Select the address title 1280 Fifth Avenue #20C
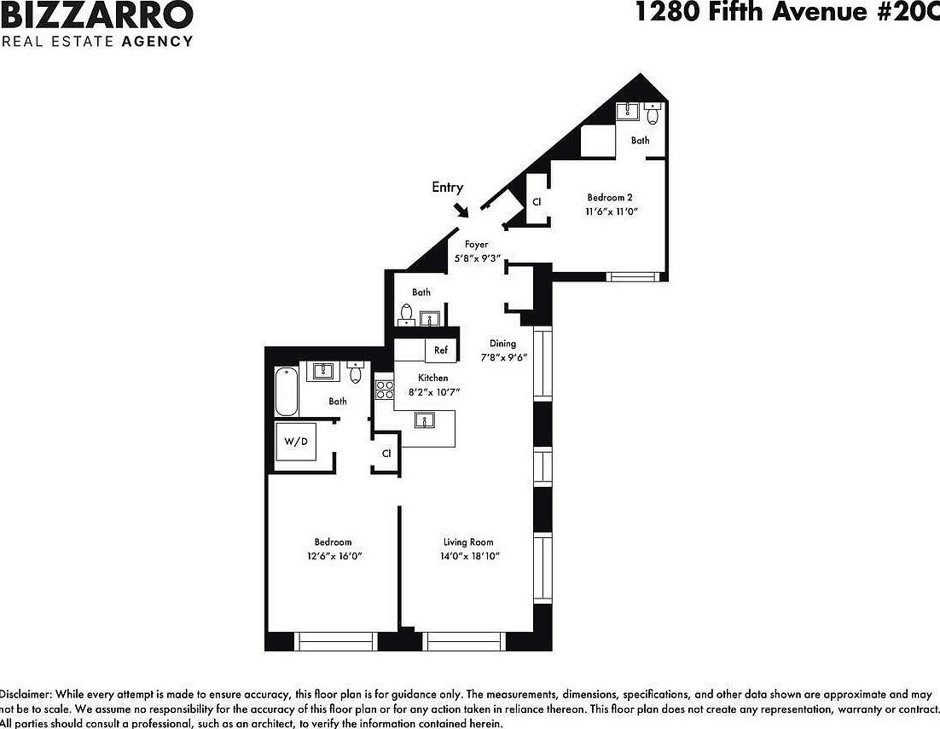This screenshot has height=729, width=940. point(786,12)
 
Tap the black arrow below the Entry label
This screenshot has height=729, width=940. point(461,209)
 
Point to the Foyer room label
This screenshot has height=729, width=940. point(476,245)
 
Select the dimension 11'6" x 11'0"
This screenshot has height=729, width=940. point(612,211)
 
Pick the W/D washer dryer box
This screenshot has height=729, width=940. point(295,442)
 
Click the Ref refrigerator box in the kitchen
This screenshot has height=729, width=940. point(441,350)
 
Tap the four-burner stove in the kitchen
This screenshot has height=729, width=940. point(385,391)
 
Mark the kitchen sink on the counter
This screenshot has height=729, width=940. point(423,419)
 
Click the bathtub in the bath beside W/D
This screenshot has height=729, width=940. point(286,391)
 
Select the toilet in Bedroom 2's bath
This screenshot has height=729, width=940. point(653,113)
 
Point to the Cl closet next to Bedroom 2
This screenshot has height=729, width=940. point(537,202)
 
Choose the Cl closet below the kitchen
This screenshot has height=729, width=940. point(386,454)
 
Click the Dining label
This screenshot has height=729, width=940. point(502,344)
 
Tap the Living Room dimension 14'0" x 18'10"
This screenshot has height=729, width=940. point(468,556)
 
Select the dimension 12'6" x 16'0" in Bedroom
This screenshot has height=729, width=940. point(333,556)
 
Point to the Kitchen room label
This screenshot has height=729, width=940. point(432,378)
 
